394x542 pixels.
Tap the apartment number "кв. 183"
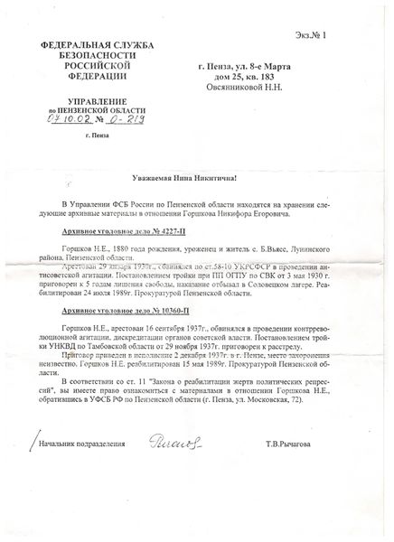click(x=270, y=78)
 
